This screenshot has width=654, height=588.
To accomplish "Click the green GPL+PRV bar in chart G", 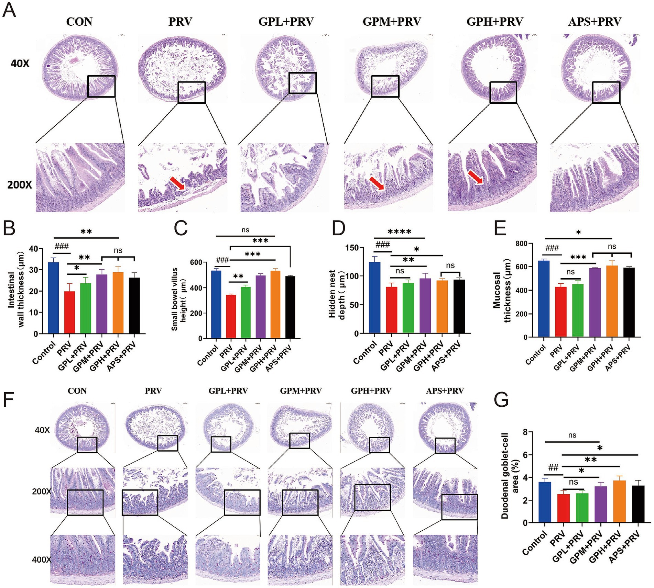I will pyautogui.click(x=582, y=508).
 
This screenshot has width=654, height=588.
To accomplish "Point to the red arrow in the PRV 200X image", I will pyautogui.click(x=177, y=183).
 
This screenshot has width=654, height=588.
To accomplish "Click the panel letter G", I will pyautogui.click(x=501, y=399).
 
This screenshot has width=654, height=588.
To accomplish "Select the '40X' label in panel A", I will pyautogui.click(x=20, y=64).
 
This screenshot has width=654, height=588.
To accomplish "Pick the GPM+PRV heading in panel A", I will pyautogui.click(x=392, y=22).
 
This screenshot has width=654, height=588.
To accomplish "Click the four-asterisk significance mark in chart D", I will pyautogui.click(x=399, y=232).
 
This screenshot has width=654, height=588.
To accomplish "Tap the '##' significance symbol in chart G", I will pyautogui.click(x=553, y=467).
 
